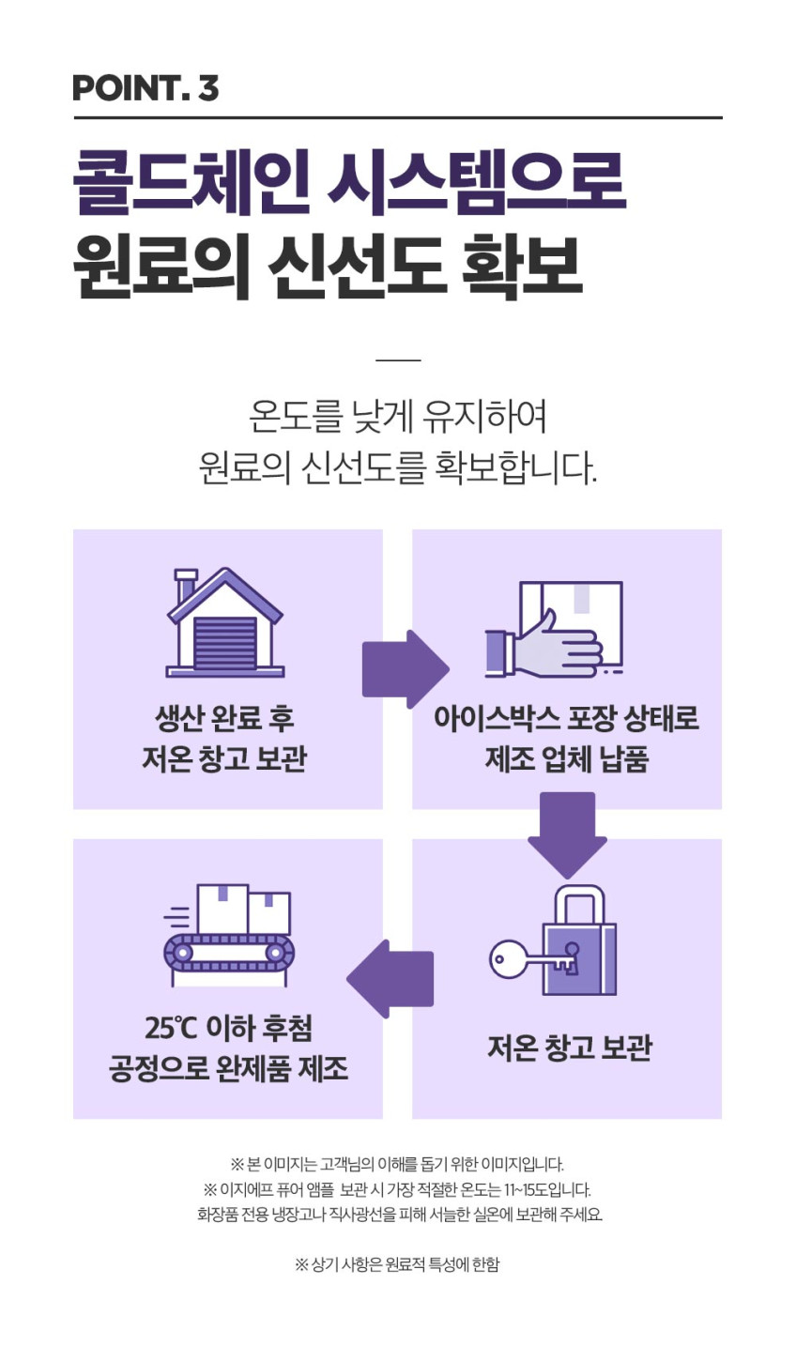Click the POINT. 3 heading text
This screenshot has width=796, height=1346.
[145, 87]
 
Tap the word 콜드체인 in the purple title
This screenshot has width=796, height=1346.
[192, 182]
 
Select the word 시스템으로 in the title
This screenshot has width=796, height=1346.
[477, 182]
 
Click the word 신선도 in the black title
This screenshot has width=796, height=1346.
[357, 267]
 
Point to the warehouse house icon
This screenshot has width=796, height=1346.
[224, 622]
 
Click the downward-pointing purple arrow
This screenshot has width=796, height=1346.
[567, 835]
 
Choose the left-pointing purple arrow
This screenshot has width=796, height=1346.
[390, 979]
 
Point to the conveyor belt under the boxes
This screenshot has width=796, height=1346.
[229, 953]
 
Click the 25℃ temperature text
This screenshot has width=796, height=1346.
[171, 1028]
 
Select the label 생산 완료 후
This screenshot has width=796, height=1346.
[224, 719]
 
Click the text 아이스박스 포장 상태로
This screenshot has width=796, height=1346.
[567, 719]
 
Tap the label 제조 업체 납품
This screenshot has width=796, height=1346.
[567, 759]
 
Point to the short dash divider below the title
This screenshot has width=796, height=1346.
[398, 359]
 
